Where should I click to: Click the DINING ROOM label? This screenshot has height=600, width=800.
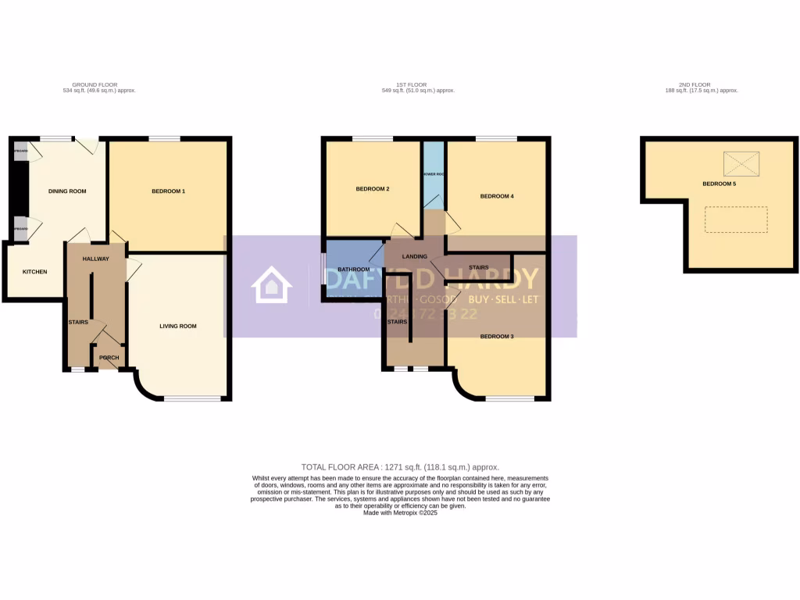66,191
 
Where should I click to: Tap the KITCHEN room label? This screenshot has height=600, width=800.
34,272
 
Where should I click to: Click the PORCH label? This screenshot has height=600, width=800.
109,358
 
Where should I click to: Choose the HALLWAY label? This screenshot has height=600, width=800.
95,259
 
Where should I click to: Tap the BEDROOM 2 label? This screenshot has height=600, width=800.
372,189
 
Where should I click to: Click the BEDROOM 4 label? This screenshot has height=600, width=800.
496,196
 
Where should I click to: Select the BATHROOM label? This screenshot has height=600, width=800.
353,269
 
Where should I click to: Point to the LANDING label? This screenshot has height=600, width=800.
414,256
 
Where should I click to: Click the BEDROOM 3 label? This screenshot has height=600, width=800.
496,337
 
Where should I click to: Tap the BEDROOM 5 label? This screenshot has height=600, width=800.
719,184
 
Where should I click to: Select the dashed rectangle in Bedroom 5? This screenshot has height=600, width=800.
736,220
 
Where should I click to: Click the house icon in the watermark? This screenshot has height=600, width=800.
270,286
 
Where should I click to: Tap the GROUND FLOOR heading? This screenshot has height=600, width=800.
95,84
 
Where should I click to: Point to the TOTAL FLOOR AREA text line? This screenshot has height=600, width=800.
400,466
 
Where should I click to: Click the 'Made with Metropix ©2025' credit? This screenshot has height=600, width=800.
400,512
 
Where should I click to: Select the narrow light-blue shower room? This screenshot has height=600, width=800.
433,173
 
